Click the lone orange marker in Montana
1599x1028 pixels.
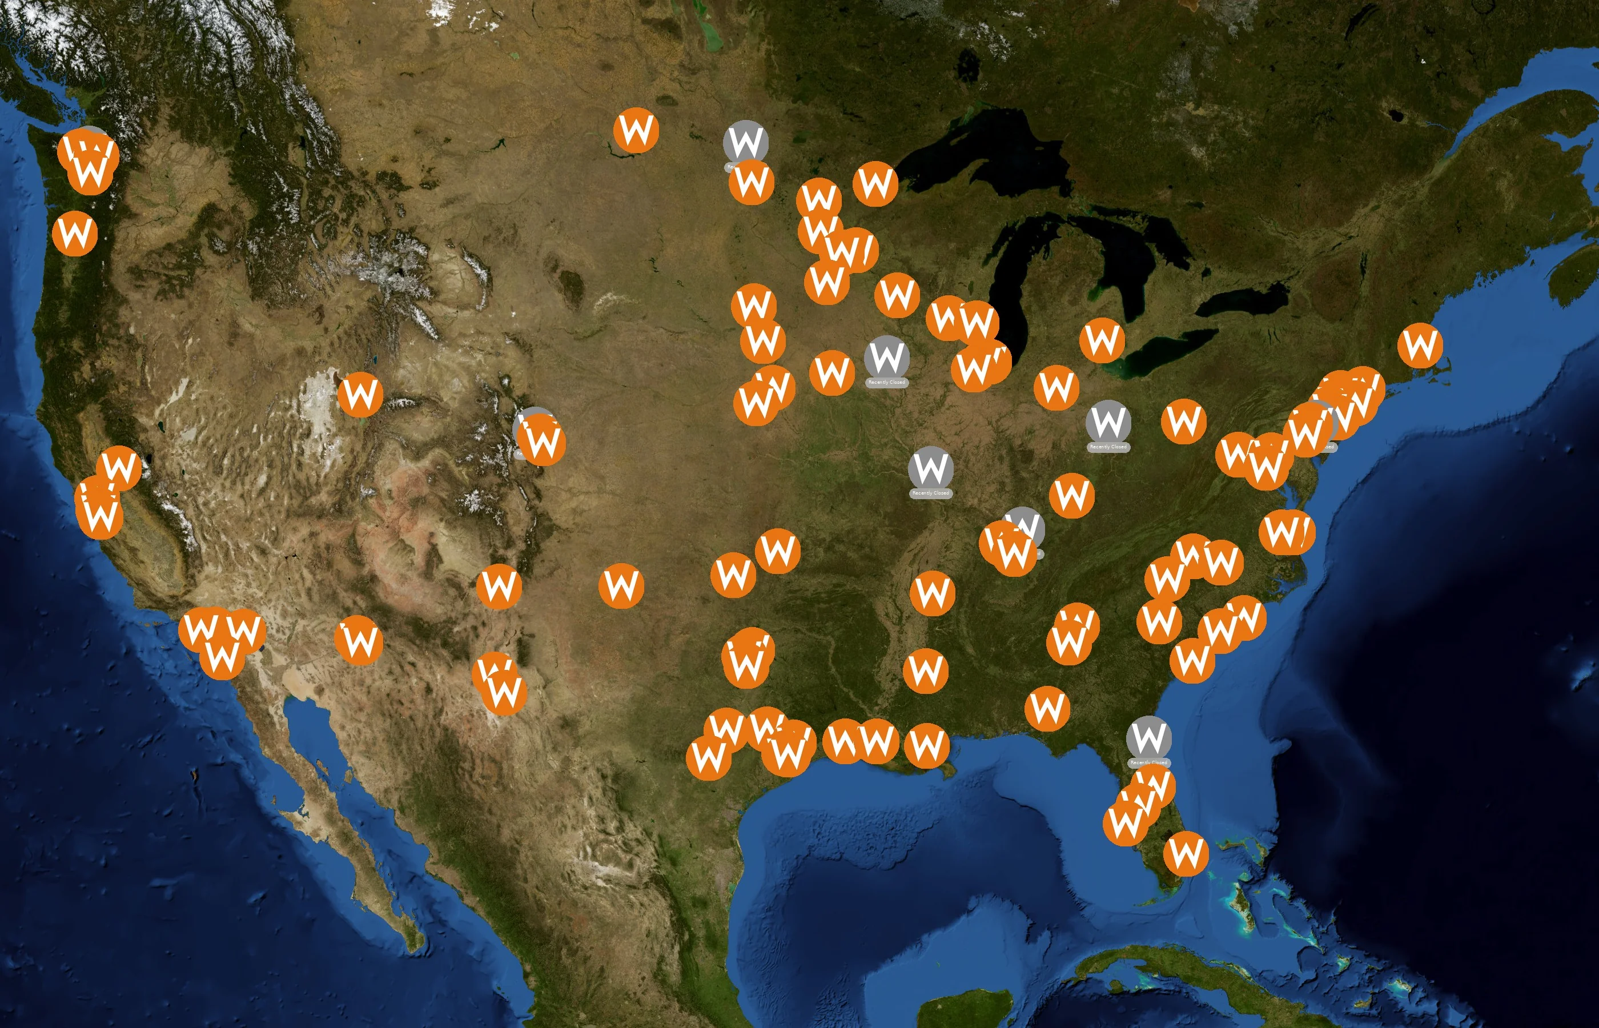(x=636, y=130)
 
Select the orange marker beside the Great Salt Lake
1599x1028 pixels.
(x=360, y=395)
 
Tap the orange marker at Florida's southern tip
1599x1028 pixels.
(x=1186, y=853)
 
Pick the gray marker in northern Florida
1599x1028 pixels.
(x=1148, y=738)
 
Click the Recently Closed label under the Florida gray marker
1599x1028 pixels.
(x=1148, y=762)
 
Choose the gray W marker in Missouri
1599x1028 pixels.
(x=930, y=469)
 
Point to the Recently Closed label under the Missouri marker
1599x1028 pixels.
(x=930, y=493)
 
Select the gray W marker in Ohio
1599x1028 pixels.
(x=1108, y=423)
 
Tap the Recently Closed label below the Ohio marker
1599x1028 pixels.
(x=1108, y=447)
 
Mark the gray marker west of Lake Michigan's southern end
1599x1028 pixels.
(x=886, y=359)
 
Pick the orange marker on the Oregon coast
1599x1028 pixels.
(x=75, y=234)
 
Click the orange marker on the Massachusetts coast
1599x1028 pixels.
(x=1420, y=345)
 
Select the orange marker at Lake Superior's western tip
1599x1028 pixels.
(x=875, y=183)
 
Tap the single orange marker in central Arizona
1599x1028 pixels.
(x=359, y=640)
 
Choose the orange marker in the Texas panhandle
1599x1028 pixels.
(x=621, y=586)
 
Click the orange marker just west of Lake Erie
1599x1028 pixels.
(x=1102, y=340)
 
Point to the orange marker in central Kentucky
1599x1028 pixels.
(x=1072, y=496)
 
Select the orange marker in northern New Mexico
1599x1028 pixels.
(x=499, y=586)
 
